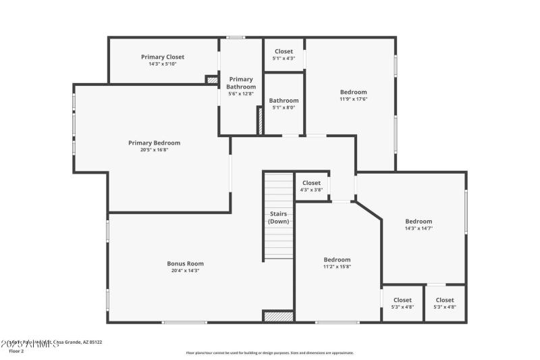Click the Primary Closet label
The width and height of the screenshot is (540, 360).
162,57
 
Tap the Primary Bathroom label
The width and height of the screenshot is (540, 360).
241,83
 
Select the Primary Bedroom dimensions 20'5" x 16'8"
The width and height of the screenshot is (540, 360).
155,150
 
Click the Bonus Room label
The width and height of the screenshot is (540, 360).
185,263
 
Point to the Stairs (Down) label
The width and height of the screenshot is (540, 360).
278,217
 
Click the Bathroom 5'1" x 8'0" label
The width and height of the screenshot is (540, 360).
283,101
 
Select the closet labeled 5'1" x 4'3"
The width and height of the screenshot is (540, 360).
283,58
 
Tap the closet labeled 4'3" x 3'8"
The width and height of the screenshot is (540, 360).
311,190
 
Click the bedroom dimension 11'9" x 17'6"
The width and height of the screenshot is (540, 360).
353,99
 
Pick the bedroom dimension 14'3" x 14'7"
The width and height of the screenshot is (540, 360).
418,228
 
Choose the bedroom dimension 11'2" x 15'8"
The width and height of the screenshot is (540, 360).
337,267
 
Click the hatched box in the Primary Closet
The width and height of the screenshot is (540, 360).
212,80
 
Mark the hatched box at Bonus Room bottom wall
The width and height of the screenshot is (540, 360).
278,316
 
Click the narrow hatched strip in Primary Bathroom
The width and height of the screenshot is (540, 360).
259,121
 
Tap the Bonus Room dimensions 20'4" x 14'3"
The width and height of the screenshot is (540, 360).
185,270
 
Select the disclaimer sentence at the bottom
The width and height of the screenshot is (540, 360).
270,353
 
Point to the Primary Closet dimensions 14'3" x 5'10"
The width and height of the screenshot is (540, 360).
162,64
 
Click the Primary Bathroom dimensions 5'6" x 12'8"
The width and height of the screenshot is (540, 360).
241,94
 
